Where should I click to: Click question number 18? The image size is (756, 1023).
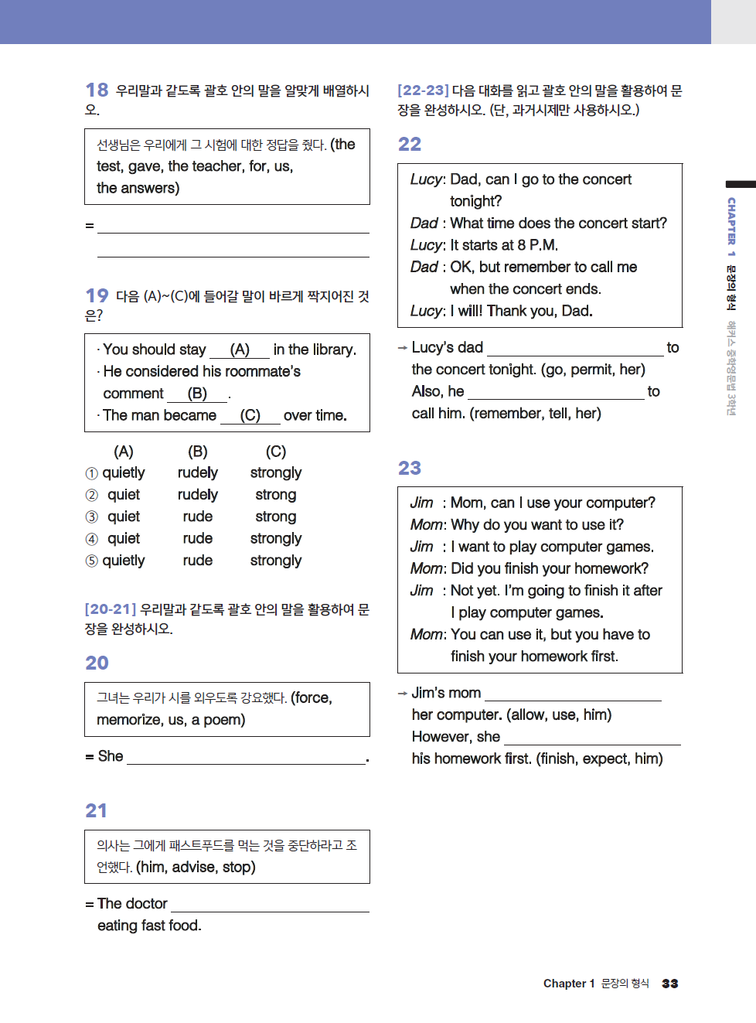[97, 90]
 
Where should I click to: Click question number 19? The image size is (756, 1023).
[97, 296]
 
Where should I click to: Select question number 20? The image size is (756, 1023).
[97, 663]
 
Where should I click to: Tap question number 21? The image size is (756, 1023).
[96, 810]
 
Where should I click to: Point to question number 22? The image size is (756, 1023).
[410, 145]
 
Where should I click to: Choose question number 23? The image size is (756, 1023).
[410, 468]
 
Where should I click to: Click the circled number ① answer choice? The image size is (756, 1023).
[91, 473]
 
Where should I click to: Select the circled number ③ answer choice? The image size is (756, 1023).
[91, 517]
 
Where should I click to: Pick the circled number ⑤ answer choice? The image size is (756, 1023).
[91, 561]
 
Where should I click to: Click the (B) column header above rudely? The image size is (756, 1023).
[198, 452]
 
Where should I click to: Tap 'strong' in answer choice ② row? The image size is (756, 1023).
[276, 495]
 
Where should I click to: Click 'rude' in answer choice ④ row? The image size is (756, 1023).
[198, 539]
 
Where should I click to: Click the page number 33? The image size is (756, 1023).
[670, 984]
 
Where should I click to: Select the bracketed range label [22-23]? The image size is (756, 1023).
[423, 90]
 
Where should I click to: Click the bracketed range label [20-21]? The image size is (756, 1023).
[111, 609]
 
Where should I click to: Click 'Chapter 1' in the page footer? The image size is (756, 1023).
[569, 984]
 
